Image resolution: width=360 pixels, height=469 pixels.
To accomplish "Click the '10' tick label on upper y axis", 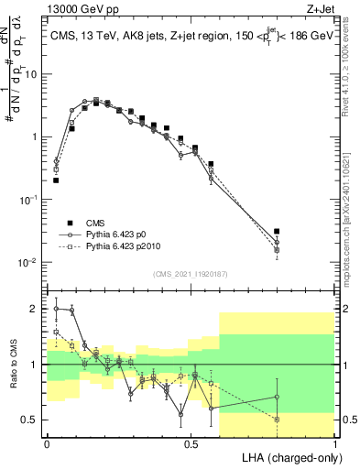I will click(30, 74).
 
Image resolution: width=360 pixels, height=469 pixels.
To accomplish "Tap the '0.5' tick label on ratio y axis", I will click(30, 420).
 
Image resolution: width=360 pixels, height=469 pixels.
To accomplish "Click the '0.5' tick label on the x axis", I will click(191, 442).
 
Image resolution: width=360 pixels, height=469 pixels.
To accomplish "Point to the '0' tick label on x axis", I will click(47, 442).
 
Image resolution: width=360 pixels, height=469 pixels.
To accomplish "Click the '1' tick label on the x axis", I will click(335, 442).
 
